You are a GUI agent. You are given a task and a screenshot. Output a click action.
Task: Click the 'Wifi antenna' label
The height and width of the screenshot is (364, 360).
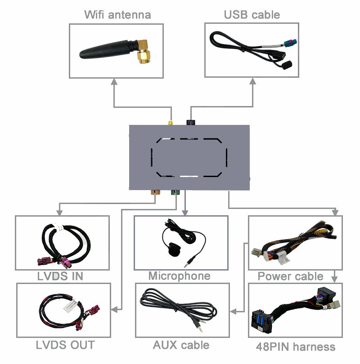click(x=117, y=14)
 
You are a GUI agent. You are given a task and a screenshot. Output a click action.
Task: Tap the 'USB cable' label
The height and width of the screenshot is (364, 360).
click(x=252, y=14)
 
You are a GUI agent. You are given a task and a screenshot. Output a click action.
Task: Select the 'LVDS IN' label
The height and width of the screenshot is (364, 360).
click(x=60, y=276)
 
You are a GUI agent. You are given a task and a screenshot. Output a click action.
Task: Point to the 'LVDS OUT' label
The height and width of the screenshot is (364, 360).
click(x=65, y=345)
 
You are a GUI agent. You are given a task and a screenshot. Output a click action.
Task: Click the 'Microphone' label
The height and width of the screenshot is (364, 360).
click(x=179, y=276)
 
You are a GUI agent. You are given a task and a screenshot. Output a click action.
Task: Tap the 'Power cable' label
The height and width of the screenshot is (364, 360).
click(x=290, y=276)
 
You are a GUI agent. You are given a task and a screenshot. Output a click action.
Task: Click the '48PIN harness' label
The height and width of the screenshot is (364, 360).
click(x=295, y=346)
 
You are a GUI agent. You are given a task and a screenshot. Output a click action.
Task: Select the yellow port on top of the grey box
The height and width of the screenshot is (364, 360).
click(x=171, y=123)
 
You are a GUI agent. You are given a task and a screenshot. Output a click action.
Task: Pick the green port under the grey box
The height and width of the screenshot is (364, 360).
click(x=174, y=193)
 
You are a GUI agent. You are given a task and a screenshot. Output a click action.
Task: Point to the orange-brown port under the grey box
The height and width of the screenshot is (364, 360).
click(x=155, y=193)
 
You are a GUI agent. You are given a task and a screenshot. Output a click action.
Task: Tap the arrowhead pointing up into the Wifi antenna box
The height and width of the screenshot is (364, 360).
click(x=114, y=81)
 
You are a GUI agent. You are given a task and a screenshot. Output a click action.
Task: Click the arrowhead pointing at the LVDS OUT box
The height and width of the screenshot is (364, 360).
click(x=114, y=309)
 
